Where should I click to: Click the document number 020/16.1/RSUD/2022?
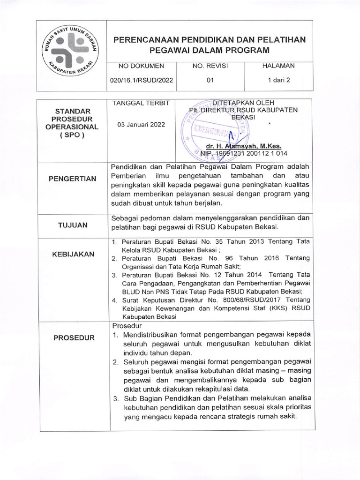coord(141,80)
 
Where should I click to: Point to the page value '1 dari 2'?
coord(279,80)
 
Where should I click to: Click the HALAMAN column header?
coord(279,66)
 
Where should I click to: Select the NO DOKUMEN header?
coord(141,66)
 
